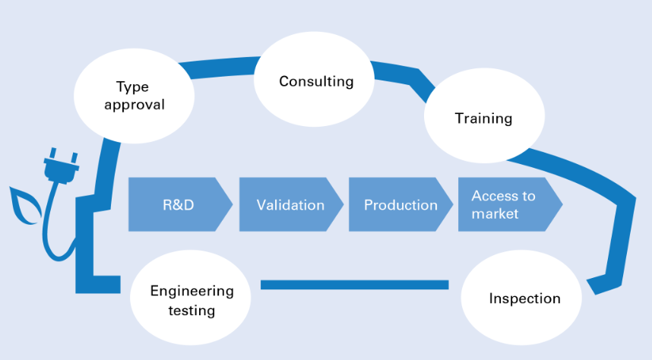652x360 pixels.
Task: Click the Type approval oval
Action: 134,96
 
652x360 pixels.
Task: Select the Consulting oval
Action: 314,80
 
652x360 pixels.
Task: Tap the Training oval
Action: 484,115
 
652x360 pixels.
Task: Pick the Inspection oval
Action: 521,298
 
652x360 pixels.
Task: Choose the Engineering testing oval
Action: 191,298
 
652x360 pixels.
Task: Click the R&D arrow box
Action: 180,204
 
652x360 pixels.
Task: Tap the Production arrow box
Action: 400,204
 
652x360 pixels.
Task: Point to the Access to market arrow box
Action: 510,204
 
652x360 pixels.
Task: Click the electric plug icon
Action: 61,166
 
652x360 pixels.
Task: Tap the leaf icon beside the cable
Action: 25,206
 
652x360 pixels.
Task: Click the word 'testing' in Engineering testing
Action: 191,311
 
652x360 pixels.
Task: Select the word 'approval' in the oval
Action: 135,105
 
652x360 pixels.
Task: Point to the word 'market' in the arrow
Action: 495,213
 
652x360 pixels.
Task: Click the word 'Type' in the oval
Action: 132,87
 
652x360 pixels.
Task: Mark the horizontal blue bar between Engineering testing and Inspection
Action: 355,285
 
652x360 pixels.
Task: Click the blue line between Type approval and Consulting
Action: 223,67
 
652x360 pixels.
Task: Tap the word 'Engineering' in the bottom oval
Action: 191,292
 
